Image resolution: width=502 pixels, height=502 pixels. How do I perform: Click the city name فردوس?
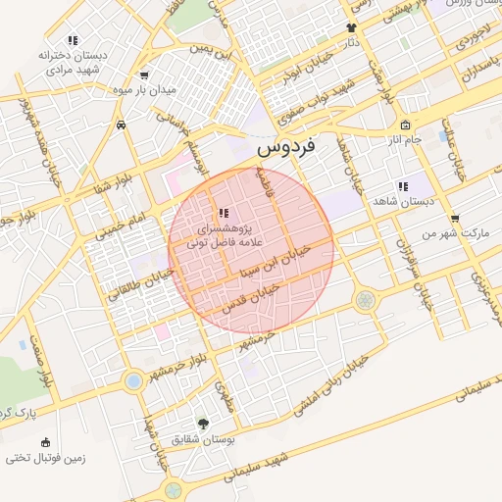285,149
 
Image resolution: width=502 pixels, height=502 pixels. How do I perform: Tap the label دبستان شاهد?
404,200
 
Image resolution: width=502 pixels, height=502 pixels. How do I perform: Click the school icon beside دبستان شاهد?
403,185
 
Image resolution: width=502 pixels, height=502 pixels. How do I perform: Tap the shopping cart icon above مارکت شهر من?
454,220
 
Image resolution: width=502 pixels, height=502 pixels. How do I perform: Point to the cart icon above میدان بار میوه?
145,75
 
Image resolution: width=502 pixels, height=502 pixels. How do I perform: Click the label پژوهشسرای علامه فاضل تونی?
225,231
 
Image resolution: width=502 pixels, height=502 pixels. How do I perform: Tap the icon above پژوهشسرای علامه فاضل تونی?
224,211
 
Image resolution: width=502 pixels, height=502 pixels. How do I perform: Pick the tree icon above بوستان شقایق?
203,424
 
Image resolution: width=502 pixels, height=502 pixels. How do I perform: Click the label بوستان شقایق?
204,440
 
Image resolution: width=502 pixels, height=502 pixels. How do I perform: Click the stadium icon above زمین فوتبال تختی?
45,442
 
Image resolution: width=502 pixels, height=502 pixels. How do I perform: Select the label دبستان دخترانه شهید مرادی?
70,62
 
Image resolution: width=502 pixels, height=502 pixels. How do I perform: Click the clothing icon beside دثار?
351,28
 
